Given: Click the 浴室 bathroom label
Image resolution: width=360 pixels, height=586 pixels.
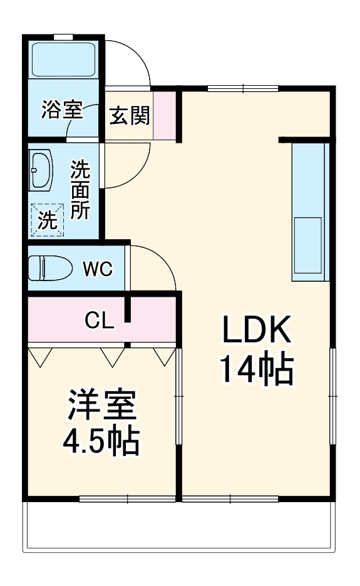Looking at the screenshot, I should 61,110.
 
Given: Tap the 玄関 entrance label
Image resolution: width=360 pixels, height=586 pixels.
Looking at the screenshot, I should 130,115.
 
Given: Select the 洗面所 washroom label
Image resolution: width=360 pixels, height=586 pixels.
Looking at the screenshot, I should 79,190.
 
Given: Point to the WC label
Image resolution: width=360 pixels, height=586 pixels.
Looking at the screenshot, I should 98,269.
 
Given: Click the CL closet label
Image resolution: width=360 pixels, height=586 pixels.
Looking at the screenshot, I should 100,321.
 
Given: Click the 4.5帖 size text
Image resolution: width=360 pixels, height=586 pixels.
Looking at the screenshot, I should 100,442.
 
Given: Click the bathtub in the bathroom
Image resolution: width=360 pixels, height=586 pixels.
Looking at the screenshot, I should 63,59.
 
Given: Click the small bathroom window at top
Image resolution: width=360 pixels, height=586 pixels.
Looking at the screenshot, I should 62,36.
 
